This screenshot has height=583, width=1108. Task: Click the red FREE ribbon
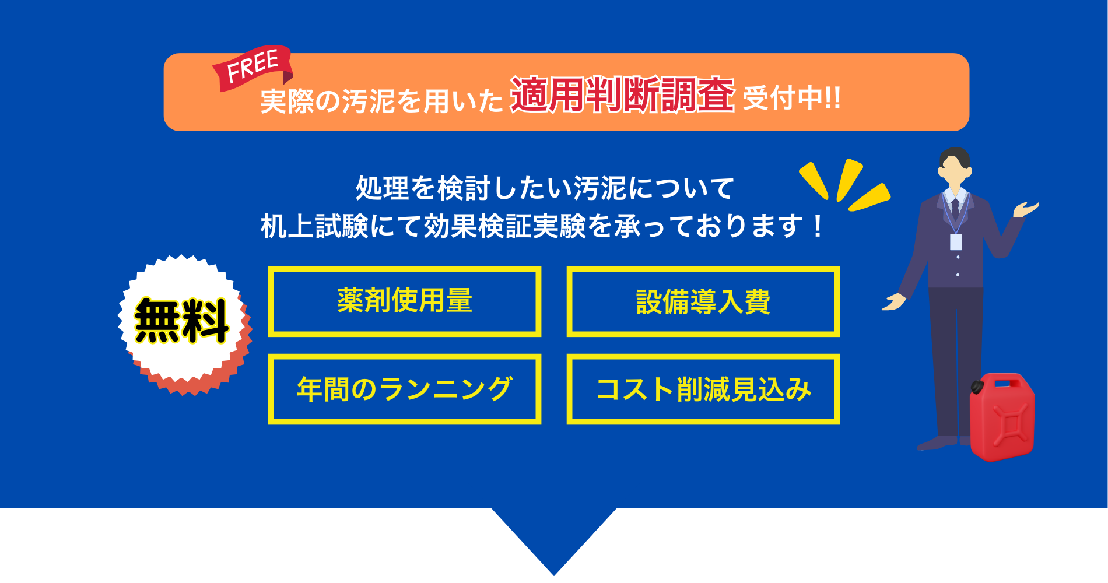253,68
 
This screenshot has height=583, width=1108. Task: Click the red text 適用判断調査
622,94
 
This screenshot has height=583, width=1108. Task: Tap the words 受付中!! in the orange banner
792,97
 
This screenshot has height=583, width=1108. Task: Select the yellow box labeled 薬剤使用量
405,301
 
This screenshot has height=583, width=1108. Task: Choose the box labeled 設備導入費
703,301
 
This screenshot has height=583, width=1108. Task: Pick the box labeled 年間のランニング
405,389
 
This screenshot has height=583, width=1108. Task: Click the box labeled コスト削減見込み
703,389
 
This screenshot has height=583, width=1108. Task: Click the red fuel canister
1002,417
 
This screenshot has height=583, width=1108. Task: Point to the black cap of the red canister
977,386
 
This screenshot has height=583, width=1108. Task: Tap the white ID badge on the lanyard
955,242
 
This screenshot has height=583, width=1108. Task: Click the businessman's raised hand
1026,209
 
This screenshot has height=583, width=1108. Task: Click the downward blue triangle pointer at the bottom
554,539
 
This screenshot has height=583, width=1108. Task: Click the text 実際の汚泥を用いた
382,101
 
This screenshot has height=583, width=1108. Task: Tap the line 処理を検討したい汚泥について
545,188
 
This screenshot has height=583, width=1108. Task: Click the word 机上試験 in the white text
315,226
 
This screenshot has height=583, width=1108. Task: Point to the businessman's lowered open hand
893,301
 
